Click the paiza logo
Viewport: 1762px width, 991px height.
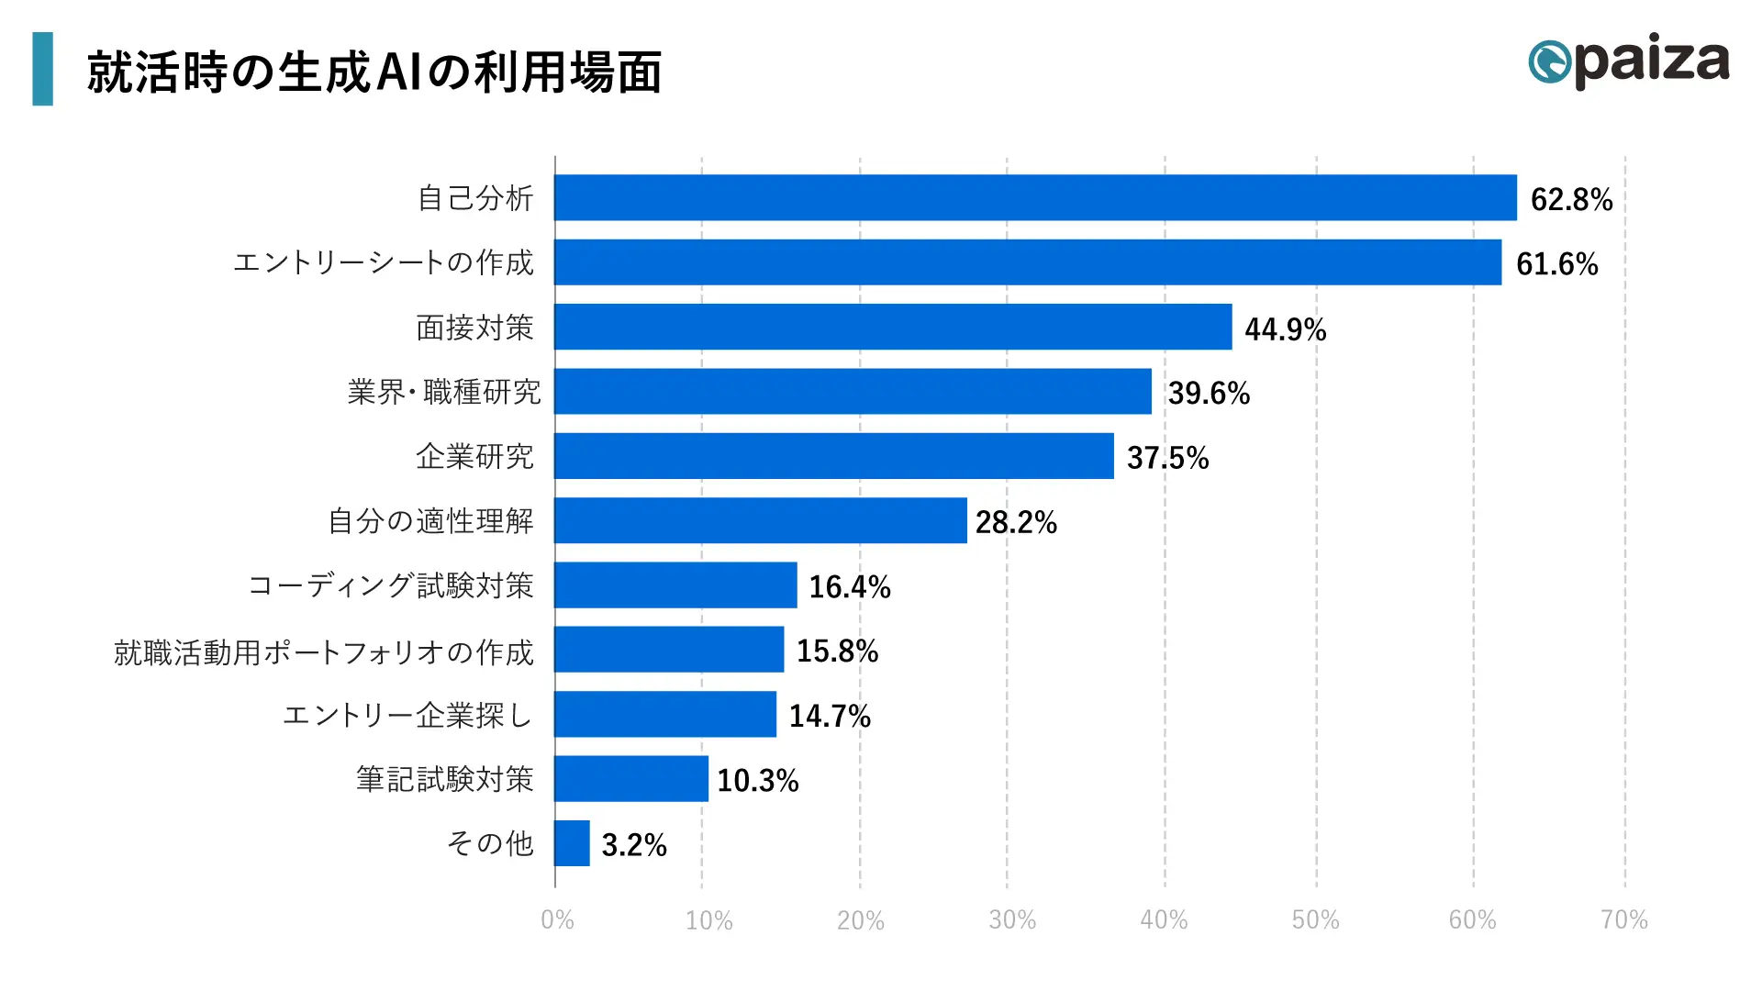click(x=1629, y=61)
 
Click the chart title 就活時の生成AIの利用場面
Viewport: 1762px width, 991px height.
click(x=374, y=72)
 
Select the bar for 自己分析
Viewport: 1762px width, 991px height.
click(x=1035, y=197)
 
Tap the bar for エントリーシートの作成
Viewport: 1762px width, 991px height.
click(x=1028, y=262)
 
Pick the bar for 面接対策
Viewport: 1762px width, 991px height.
click(x=893, y=327)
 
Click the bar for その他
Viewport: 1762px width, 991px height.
click(x=572, y=843)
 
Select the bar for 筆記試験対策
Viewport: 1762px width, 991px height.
click(x=631, y=779)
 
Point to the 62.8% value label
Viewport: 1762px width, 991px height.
click(x=1571, y=199)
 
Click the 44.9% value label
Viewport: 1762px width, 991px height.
click(x=1285, y=329)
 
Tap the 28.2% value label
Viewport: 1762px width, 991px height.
click(x=1016, y=523)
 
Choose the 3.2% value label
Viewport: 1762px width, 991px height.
click(x=633, y=845)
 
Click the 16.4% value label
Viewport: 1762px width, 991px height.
click(x=849, y=587)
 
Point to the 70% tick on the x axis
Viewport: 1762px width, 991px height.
click(x=1623, y=919)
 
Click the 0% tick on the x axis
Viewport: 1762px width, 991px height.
click(x=557, y=919)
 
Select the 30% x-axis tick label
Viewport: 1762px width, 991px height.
click(x=1011, y=919)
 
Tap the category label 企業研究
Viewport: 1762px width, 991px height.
click(x=474, y=456)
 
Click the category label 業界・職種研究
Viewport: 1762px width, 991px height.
click(x=444, y=392)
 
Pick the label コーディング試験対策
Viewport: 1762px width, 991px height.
click(x=391, y=585)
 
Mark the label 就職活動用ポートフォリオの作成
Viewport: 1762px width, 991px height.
click(x=323, y=652)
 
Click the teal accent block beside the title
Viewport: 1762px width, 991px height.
click(x=42, y=69)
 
